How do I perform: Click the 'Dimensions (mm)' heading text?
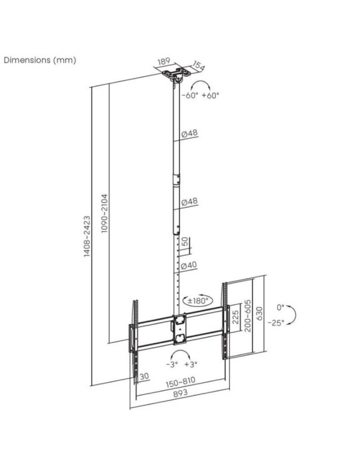41,60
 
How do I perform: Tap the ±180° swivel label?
199,300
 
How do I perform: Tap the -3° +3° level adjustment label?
182,365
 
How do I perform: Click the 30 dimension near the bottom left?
143,377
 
